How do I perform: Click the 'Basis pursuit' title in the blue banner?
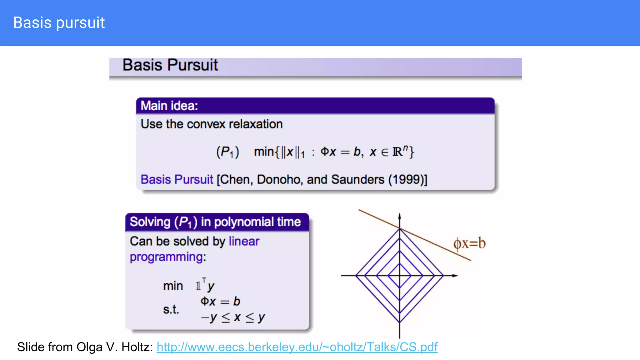59,23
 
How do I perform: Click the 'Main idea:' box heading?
169,106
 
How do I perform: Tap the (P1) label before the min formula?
227,152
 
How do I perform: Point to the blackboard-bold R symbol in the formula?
397,152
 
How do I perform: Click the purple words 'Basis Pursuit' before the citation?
177,180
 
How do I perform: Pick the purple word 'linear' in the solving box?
244,241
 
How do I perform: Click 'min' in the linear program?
173,286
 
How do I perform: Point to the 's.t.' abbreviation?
171,309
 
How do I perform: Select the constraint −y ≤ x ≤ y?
233,317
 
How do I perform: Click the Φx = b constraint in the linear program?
220,302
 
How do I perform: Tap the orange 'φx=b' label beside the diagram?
469,243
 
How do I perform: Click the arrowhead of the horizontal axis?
455,276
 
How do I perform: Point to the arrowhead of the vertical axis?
400,216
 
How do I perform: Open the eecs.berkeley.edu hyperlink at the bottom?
297,347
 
